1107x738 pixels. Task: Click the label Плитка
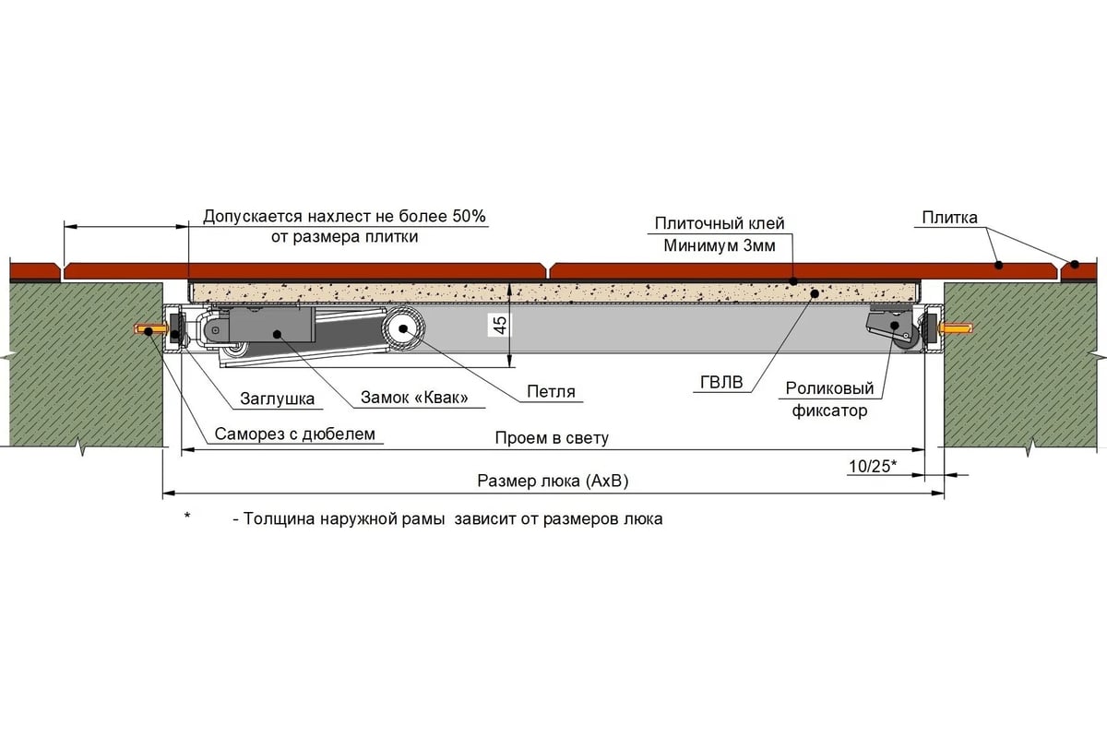[949, 218]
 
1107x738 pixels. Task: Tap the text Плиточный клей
[720, 223]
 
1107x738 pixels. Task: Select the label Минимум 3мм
[720, 246]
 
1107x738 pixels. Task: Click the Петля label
[551, 391]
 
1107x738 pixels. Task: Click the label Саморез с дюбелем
[296, 434]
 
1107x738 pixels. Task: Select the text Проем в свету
[552, 437]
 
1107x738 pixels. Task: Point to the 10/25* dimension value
[872, 466]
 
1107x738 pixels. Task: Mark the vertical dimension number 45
[499, 326]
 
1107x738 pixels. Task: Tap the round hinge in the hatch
[403, 329]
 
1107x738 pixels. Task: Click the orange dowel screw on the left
[149, 329]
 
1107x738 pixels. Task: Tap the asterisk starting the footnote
[187, 518]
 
